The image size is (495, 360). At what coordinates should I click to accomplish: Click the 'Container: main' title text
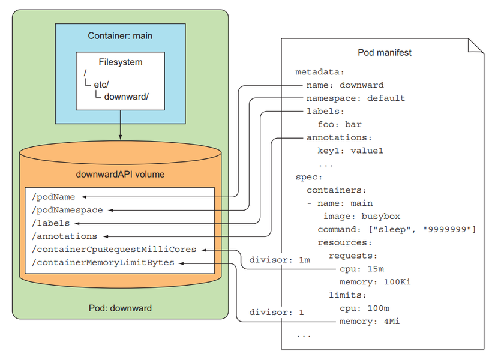tap(120, 35)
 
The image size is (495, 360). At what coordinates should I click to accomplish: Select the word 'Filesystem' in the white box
tap(121, 62)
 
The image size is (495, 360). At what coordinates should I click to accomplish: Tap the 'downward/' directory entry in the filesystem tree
tap(125, 96)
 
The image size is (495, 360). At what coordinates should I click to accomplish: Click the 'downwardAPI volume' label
tap(120, 175)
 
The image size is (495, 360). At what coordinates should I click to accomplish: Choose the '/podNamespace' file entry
tap(67, 210)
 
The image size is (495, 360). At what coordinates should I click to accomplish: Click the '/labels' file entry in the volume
tap(50, 223)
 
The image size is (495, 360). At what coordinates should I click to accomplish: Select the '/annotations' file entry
tap(64, 236)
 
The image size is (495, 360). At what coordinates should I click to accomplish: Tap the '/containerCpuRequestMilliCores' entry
tap(115, 250)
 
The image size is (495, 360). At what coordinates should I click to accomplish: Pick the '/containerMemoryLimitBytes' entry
tap(103, 263)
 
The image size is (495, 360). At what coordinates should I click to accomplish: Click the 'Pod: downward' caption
tap(120, 308)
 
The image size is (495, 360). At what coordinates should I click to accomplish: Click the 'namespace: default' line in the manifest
tap(355, 98)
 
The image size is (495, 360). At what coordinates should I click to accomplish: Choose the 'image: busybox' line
tap(362, 217)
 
